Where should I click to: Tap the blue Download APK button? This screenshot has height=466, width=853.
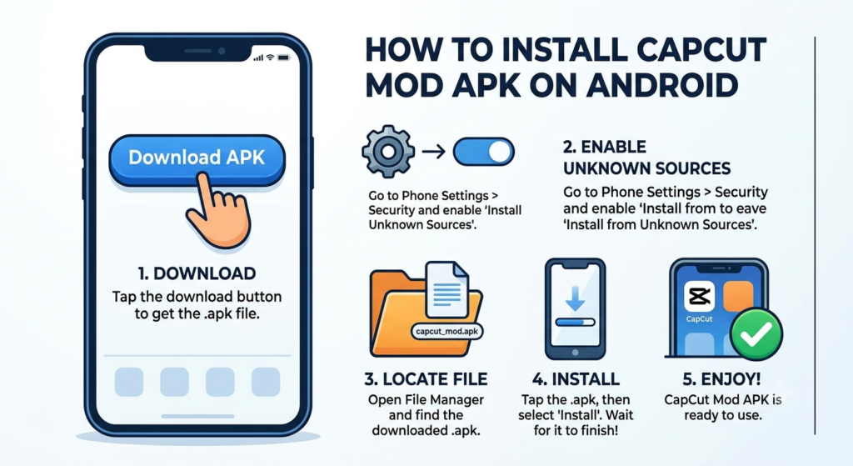click(197, 159)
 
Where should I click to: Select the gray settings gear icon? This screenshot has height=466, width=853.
click(388, 152)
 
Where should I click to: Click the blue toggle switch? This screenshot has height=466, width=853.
click(483, 152)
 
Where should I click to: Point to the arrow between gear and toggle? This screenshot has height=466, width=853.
click(433, 152)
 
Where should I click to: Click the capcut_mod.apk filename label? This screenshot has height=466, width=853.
click(446, 331)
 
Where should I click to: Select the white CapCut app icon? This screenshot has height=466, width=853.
click(699, 297)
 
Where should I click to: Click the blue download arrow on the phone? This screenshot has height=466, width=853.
click(575, 298)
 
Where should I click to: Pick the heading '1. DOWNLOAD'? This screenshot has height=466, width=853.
click(197, 273)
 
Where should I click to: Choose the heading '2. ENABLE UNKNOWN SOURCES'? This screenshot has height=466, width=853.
click(646, 158)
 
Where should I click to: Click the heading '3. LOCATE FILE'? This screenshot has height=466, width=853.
click(426, 379)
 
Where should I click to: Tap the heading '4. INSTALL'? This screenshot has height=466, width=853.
click(576, 379)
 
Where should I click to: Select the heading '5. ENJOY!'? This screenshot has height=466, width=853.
click(721, 379)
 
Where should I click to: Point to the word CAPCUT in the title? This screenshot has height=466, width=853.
click(701, 50)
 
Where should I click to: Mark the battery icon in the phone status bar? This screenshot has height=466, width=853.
click(284, 58)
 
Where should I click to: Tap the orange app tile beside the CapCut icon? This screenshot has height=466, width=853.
click(738, 296)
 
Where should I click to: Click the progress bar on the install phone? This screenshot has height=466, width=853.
click(575, 323)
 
